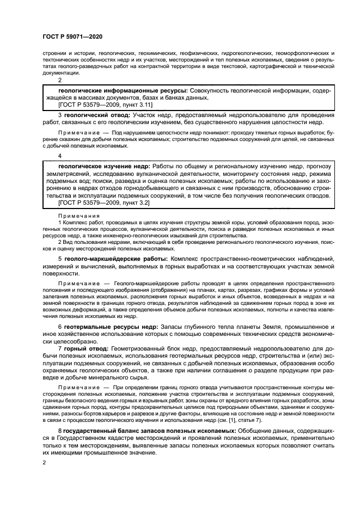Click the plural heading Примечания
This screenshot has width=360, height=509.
(75, 216)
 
